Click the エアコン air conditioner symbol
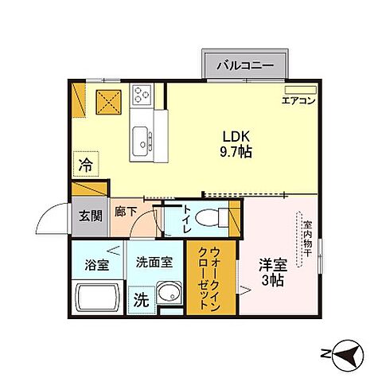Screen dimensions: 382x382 299,90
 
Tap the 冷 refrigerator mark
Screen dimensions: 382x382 84,166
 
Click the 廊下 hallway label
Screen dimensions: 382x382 125,212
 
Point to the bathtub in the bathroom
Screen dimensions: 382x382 95,301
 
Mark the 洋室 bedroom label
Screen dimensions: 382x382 272,267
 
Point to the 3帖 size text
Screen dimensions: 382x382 272,282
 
